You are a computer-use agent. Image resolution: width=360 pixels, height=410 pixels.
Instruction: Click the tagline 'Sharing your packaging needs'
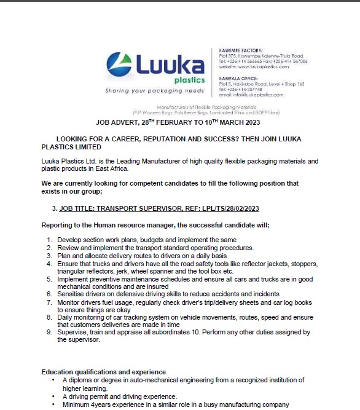[154, 90]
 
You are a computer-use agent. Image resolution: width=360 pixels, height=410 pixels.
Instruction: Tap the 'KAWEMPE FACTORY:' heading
[241, 50]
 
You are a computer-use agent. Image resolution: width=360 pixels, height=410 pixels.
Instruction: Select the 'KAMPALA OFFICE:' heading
[240, 78]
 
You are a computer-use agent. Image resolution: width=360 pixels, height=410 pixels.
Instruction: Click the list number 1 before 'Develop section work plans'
[50, 239]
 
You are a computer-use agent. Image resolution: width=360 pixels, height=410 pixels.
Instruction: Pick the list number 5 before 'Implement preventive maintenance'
[50, 278]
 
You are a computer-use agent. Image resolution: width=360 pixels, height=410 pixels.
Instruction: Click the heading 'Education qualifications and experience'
[103, 372]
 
